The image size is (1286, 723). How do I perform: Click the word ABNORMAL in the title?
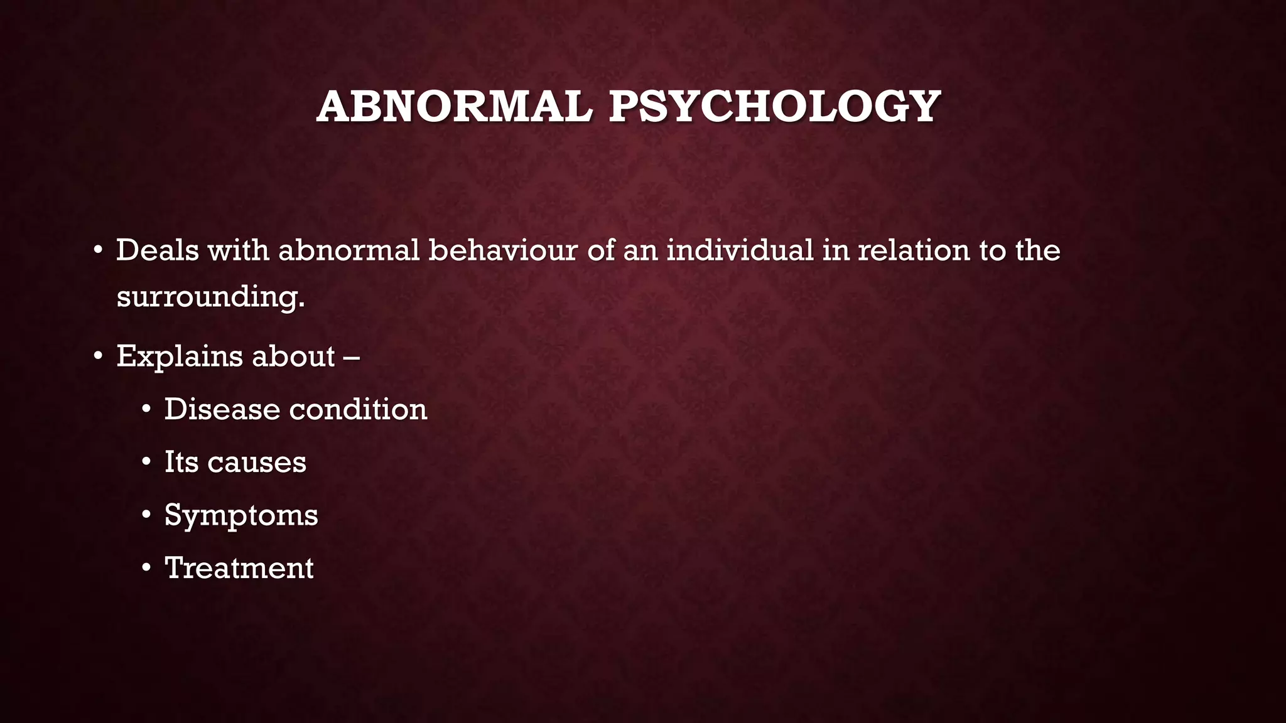click(455, 106)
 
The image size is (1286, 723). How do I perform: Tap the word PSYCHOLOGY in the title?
click(774, 106)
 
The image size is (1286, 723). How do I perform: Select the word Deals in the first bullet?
click(157, 250)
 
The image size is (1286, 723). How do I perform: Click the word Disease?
click(222, 409)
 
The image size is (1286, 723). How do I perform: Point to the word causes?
click(256, 463)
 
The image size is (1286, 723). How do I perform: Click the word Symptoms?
click(241, 516)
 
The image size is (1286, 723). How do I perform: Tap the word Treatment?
click(239, 568)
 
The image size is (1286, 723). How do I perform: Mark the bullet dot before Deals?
click(97, 251)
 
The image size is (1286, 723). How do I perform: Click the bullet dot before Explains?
click(97, 357)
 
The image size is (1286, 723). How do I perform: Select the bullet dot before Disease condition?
click(146, 410)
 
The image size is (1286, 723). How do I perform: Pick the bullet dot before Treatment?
click(146, 569)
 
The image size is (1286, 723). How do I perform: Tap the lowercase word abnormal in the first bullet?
click(349, 250)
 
